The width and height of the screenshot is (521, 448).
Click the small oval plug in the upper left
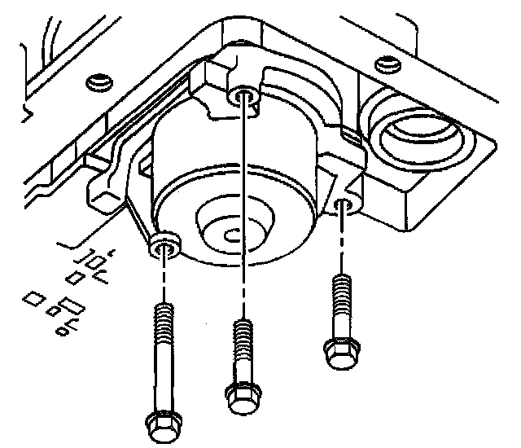97,81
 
